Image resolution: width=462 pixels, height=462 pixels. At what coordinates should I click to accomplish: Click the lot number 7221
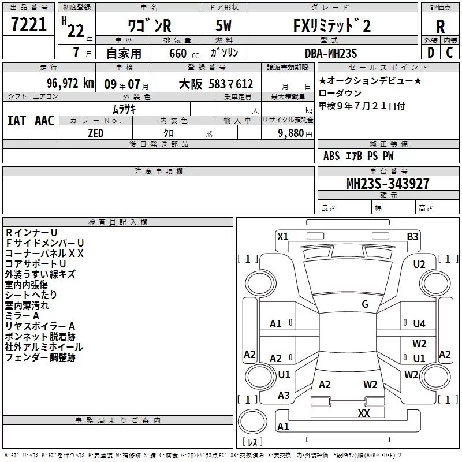click(28, 26)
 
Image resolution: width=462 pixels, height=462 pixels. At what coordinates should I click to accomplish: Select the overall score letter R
click(440, 26)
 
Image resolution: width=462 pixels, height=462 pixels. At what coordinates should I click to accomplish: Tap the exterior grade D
click(430, 52)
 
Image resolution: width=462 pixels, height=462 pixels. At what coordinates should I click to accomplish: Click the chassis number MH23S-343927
click(388, 183)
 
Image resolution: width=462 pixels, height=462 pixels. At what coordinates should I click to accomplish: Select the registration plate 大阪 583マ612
click(215, 84)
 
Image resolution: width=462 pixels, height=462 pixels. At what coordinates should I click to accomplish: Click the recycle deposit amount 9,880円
click(295, 133)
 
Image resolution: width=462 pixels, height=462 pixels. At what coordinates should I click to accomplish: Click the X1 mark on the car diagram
click(283, 236)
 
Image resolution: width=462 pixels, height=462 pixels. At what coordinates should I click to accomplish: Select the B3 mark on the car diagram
click(412, 236)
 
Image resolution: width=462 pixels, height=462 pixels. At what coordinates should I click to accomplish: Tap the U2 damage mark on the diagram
click(419, 264)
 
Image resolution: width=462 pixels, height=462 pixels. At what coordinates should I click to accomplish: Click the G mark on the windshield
click(365, 304)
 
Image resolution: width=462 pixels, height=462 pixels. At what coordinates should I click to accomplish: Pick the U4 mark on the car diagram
click(419, 324)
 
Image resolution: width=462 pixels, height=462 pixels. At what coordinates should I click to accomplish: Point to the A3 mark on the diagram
click(284, 396)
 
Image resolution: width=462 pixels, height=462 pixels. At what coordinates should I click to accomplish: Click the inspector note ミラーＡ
click(22, 316)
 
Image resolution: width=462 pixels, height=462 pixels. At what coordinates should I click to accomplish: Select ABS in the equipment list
click(331, 156)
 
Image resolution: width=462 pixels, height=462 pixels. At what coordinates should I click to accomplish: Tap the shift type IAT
click(16, 120)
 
